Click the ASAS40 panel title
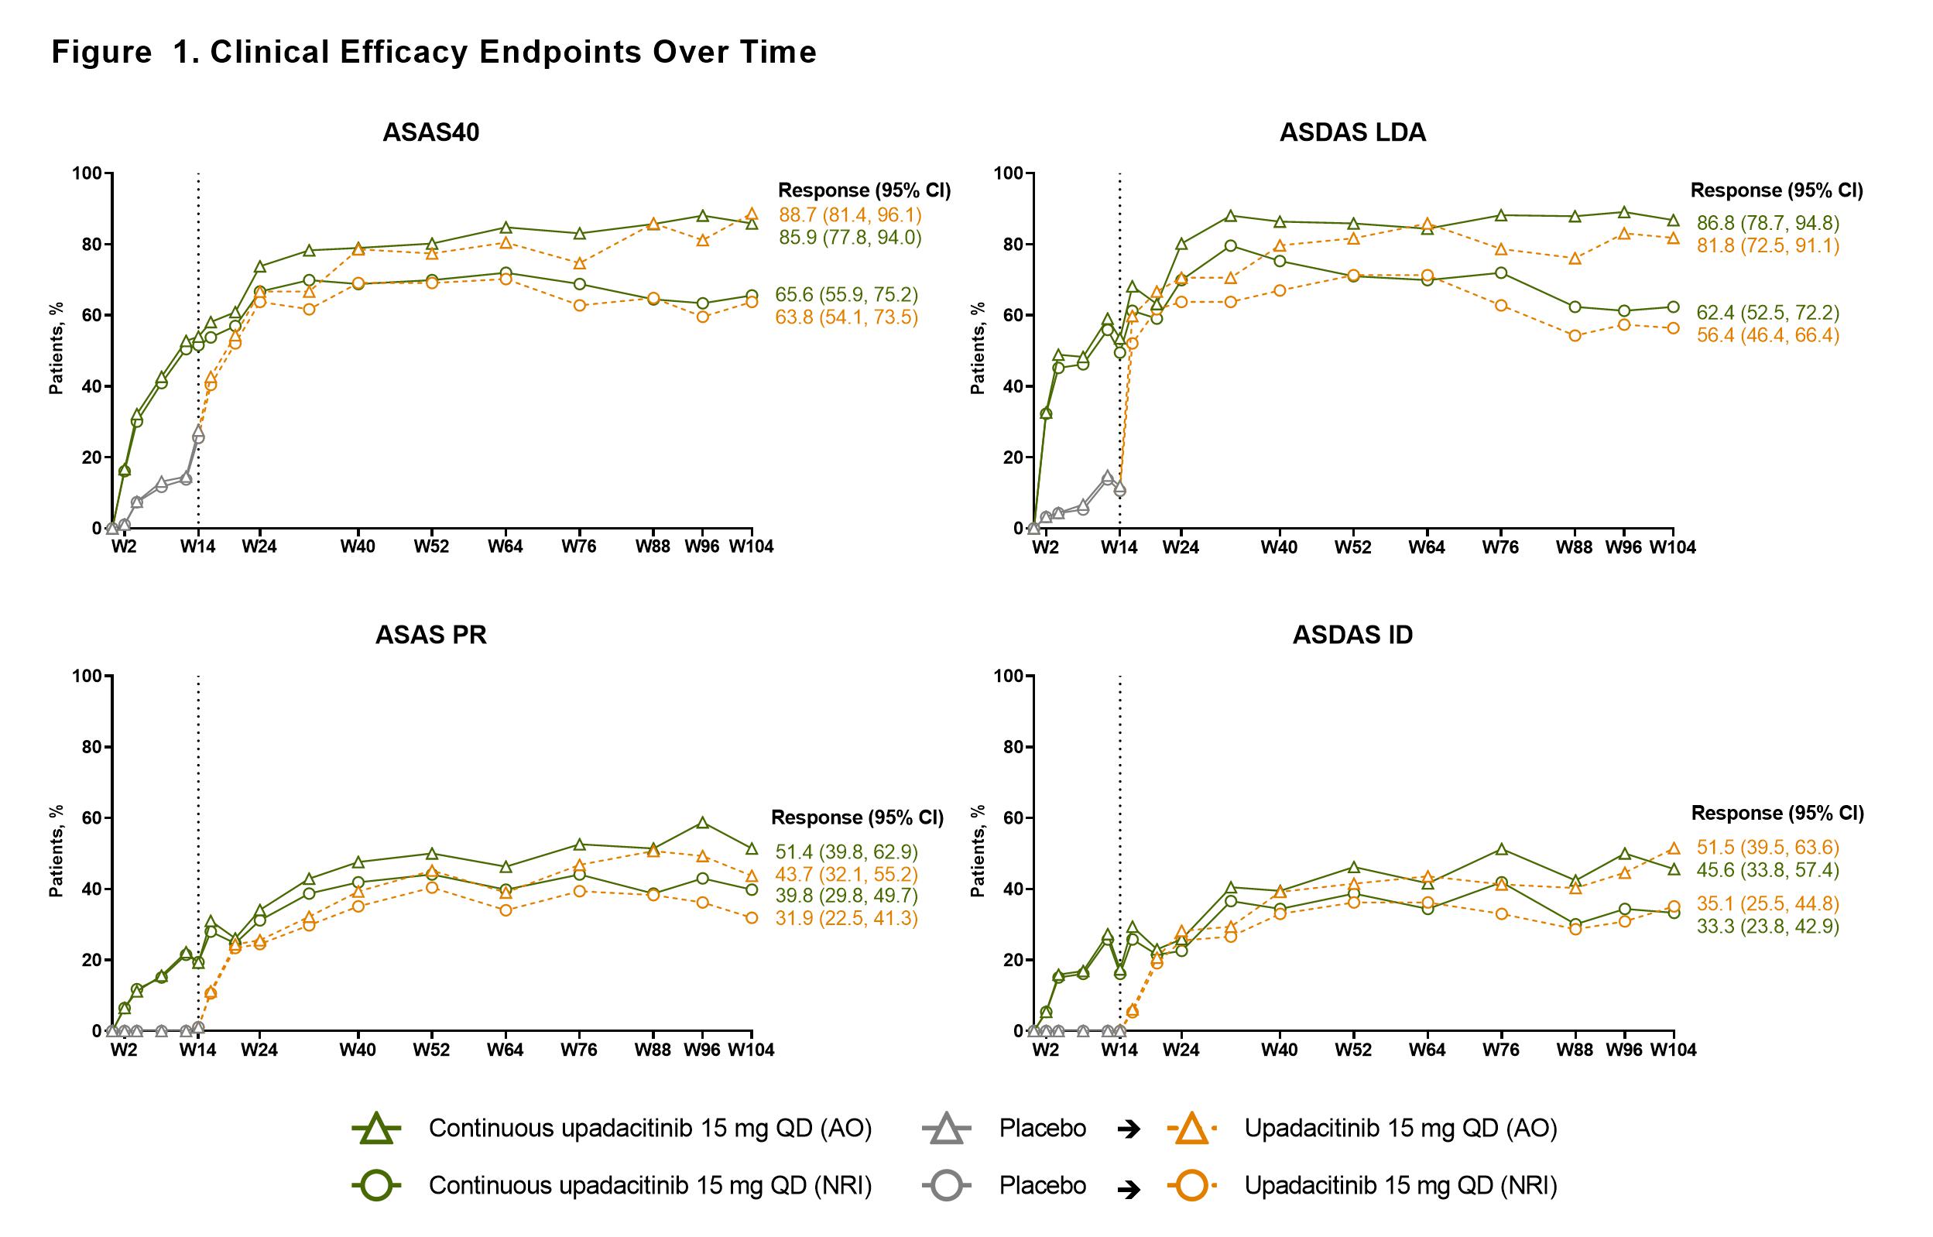430,132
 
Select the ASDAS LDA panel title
1352,132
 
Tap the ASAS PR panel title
430,635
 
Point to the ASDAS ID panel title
1352,635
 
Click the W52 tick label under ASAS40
431,547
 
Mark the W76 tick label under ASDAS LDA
1500,547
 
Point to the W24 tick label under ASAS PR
259,1050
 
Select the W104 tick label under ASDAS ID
1673,1050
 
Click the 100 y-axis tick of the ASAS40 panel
90,173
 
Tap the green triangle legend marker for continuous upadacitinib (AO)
377,1129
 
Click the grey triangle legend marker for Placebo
947,1129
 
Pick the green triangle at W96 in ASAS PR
703,823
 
